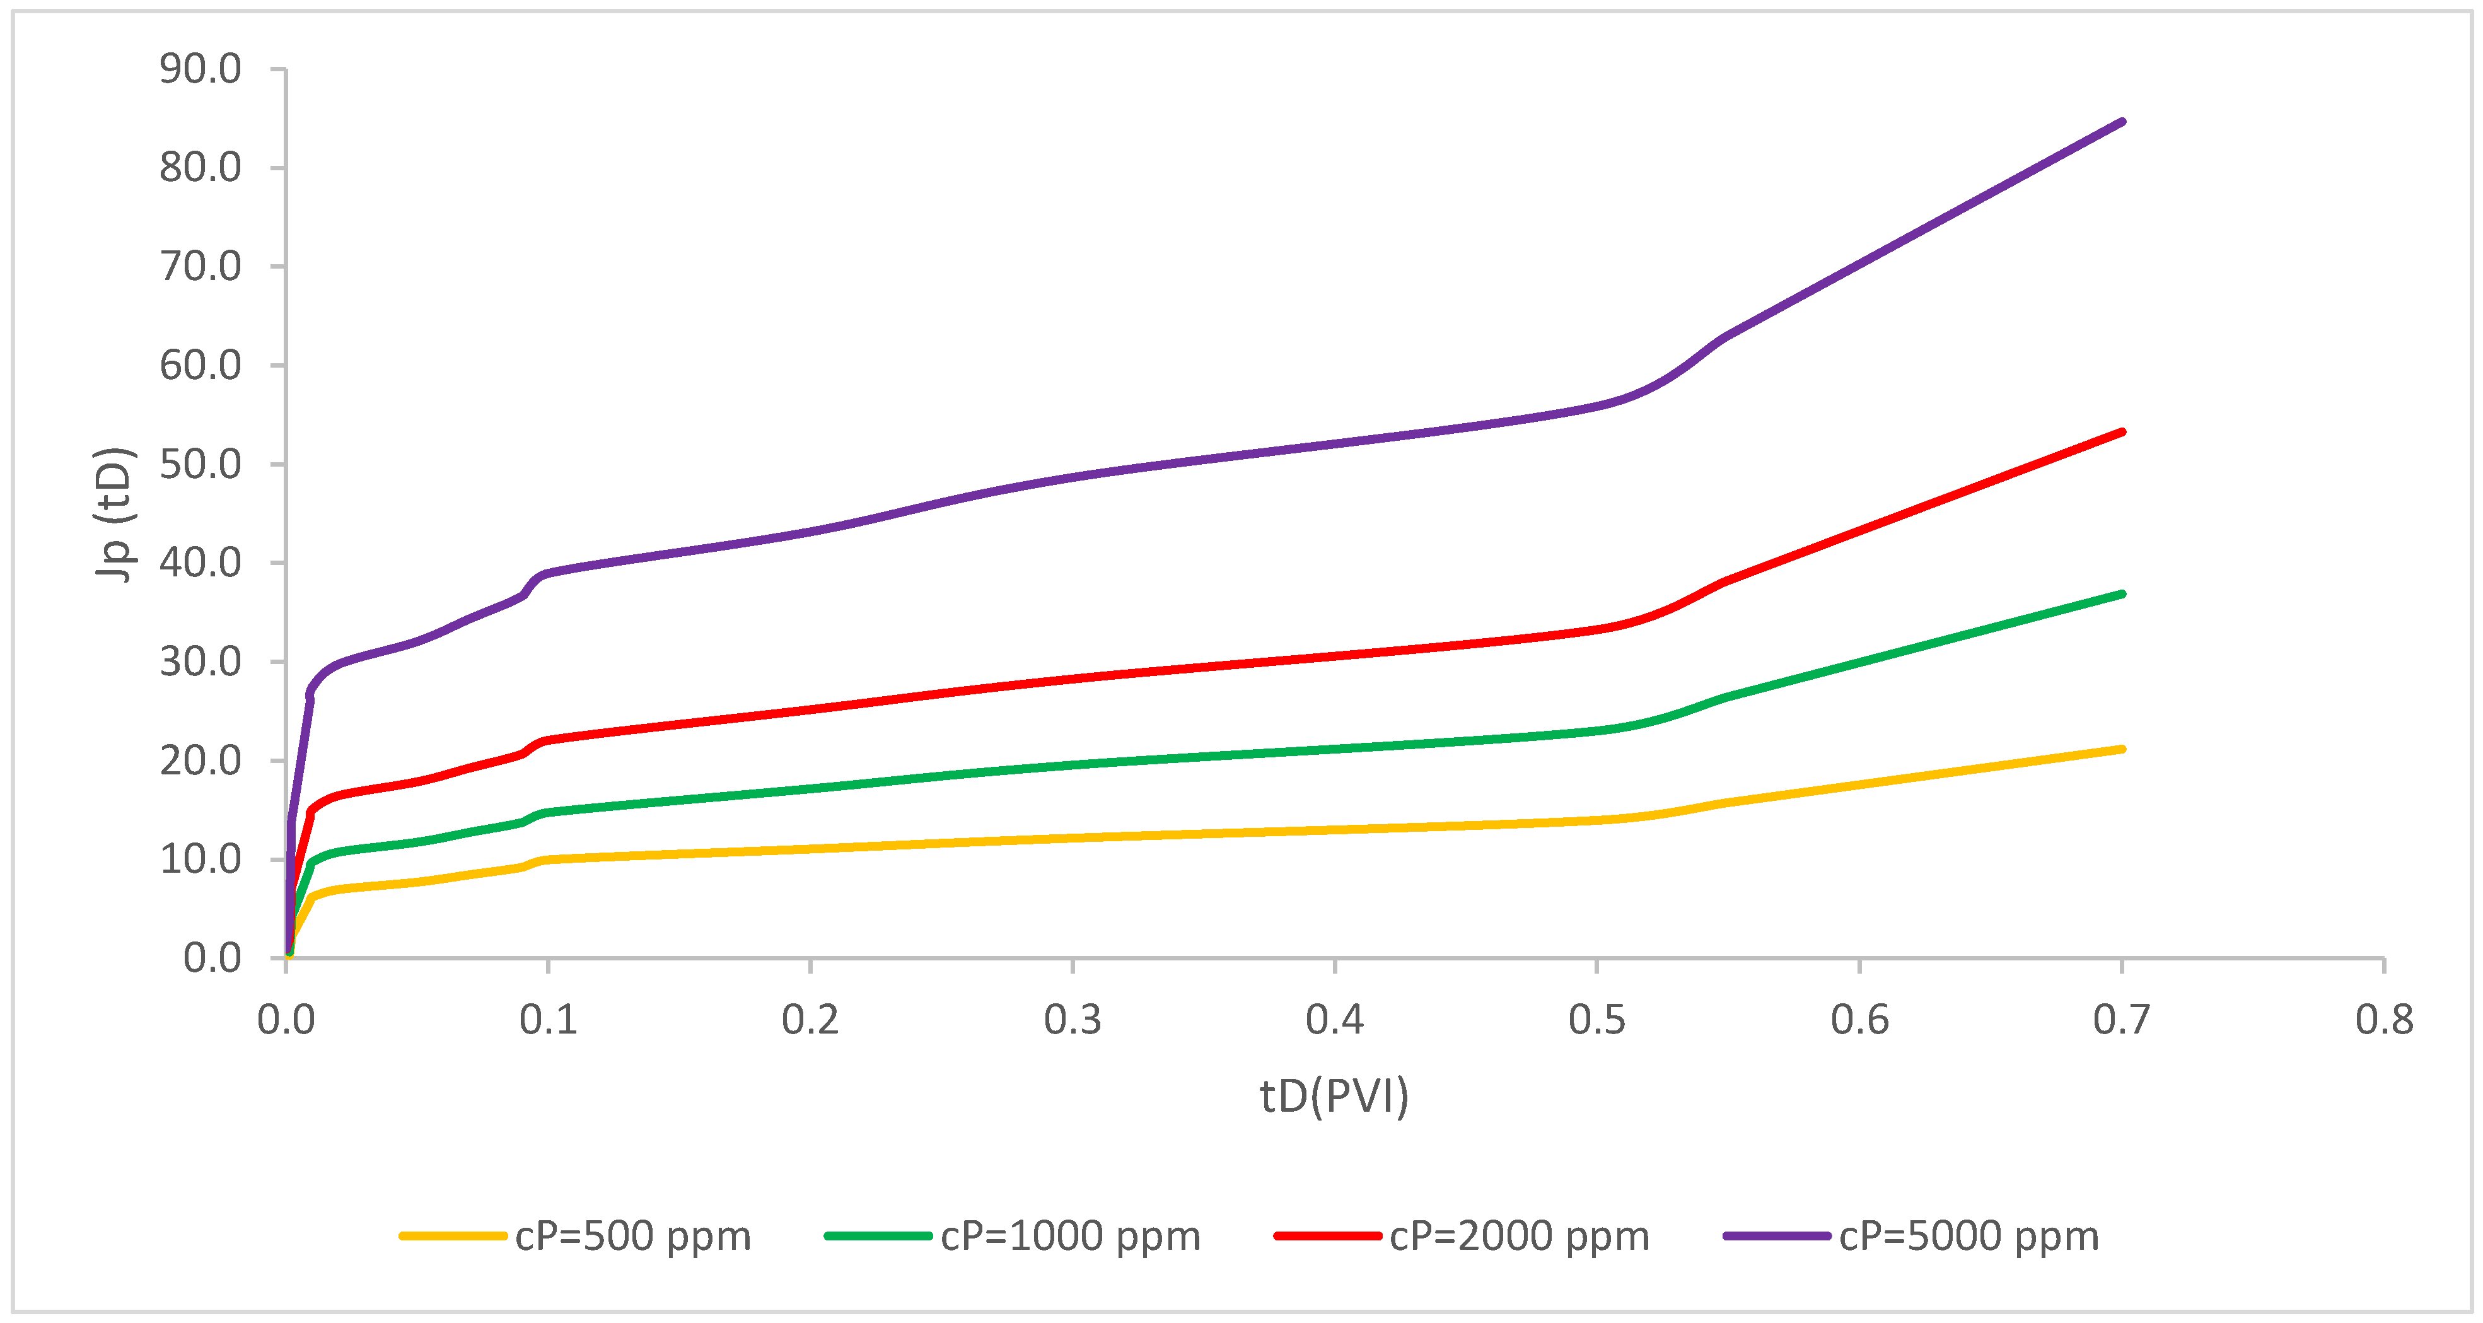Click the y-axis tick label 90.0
pos(201,69)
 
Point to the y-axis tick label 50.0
pos(201,465)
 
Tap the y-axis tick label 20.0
pos(201,761)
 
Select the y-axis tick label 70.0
pos(201,267)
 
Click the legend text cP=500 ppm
pos(632,1236)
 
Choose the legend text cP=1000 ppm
pos(1070,1236)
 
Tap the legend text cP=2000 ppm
pos(1519,1236)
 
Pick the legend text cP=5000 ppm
pos(1968,1236)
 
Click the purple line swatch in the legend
pos(1776,1236)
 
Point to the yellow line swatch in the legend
pos(453,1236)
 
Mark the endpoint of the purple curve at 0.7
pos(2122,122)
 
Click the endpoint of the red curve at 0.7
pos(2122,432)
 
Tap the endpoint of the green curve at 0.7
pos(2122,594)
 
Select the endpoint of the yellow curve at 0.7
pos(2122,749)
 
